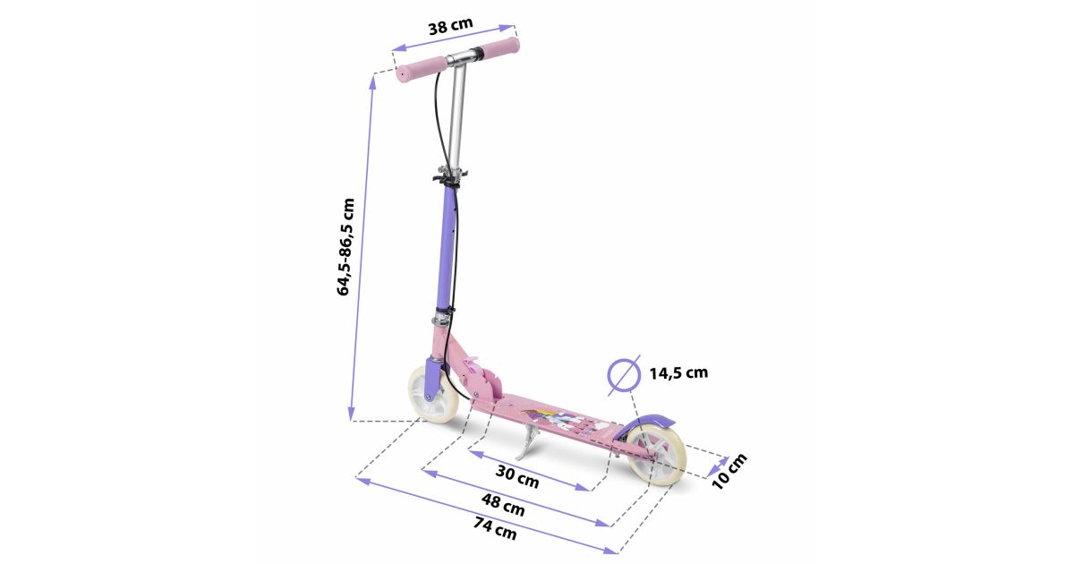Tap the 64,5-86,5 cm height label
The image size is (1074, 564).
pos(345,247)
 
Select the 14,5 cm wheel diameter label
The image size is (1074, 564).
pos(678,372)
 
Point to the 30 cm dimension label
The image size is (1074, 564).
pos(517,475)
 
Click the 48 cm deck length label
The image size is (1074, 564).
pos(503,505)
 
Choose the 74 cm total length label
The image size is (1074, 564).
pos(495,527)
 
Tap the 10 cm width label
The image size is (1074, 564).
pos(729,472)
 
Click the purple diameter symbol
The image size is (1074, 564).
pos(624,375)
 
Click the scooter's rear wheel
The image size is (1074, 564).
pos(656,456)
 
